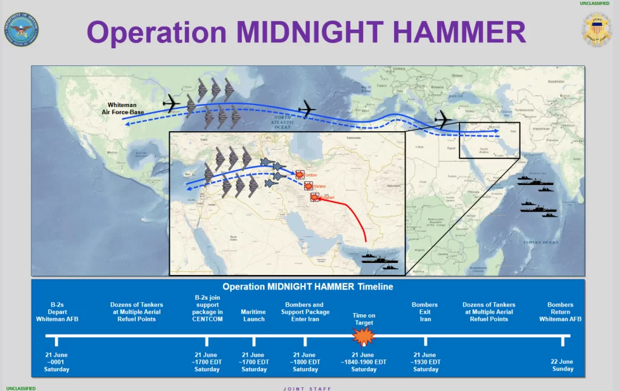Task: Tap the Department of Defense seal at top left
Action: coord(21,30)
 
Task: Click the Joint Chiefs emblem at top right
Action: coord(596,29)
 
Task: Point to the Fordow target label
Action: coord(309,175)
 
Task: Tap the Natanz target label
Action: coord(319,187)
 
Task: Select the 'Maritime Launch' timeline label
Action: coord(254,315)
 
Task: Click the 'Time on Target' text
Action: coord(364,319)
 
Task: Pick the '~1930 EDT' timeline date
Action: coord(425,362)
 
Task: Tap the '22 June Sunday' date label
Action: coord(562,365)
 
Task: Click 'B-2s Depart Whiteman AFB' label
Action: coord(57,312)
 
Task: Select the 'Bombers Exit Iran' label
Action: coord(425,312)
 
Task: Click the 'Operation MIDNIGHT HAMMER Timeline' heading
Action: coord(308,286)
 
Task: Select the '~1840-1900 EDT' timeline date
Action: coord(364,362)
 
